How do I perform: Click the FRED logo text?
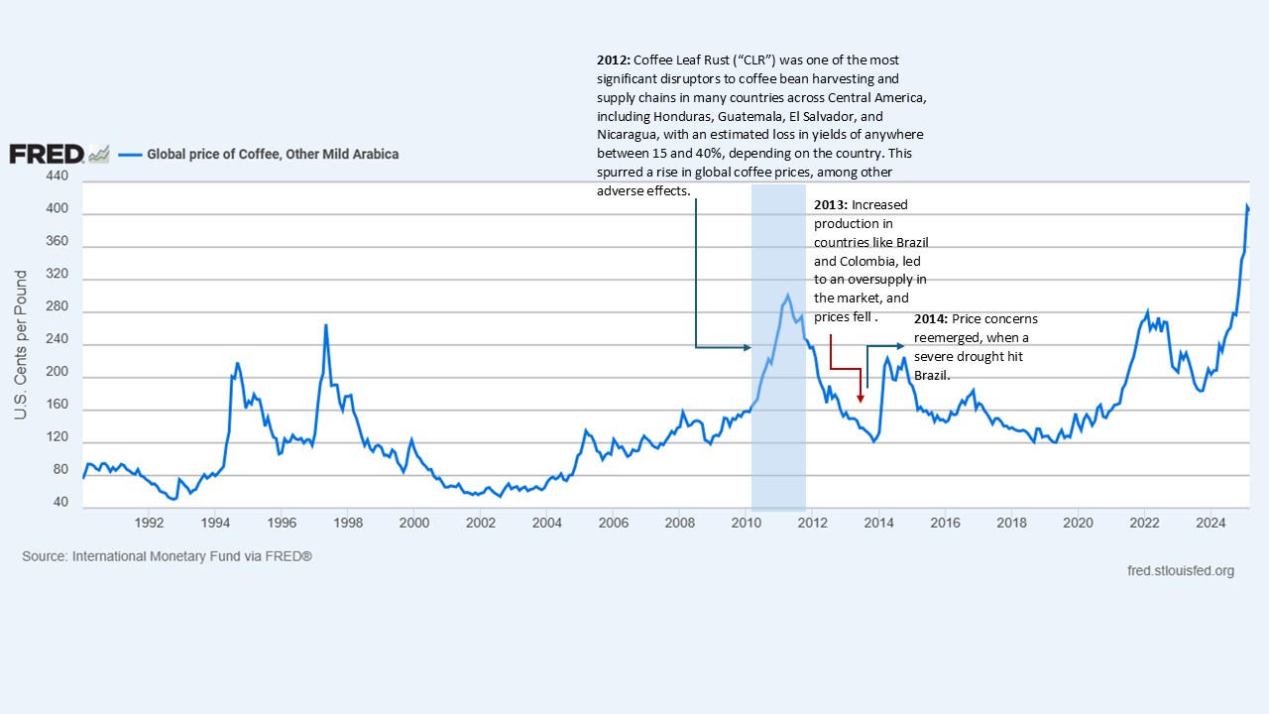pyautogui.click(x=46, y=154)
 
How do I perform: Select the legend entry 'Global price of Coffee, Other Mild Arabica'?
pyautogui.click(x=273, y=154)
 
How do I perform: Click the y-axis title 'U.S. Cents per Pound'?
pyautogui.click(x=21, y=343)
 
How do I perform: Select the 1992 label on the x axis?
pyautogui.click(x=149, y=523)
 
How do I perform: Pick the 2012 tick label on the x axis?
pyautogui.click(x=812, y=523)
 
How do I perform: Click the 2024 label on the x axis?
pyautogui.click(x=1210, y=523)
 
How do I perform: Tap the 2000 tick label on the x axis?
pyautogui.click(x=413, y=523)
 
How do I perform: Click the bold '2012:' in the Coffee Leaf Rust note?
pyautogui.click(x=613, y=60)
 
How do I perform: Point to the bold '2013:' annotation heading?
pyautogui.click(x=830, y=205)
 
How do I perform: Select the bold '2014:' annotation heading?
pyautogui.click(x=931, y=319)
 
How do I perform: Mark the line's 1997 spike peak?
pyautogui.click(x=325, y=325)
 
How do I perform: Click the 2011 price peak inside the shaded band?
pyautogui.click(x=788, y=295)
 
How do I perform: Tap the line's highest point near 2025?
pyautogui.click(x=1247, y=205)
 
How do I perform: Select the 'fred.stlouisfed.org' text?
pyautogui.click(x=1181, y=570)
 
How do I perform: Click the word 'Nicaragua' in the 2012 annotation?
pyautogui.click(x=628, y=134)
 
